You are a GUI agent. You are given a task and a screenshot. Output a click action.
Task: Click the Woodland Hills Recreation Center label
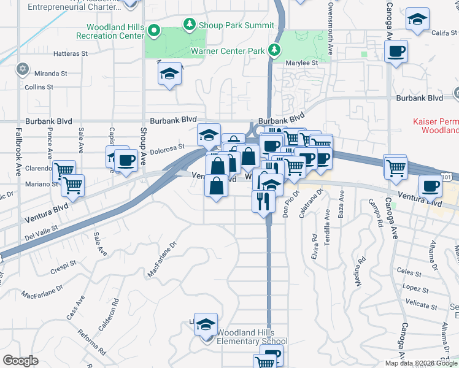(116, 32)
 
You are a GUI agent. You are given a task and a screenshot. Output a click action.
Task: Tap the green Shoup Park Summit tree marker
(190, 25)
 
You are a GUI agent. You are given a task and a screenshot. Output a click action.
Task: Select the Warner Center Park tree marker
(276, 50)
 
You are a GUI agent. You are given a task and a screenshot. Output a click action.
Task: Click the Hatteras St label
(71, 54)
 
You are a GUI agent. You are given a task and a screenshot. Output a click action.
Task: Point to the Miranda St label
(51, 74)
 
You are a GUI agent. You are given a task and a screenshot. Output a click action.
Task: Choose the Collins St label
(39, 87)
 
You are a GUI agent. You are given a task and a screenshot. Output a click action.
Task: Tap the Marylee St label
(301, 63)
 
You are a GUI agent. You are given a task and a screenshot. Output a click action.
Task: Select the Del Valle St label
(41, 231)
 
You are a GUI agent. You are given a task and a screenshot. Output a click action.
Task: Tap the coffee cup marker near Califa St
(396, 52)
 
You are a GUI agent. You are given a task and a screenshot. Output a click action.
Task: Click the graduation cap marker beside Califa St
(417, 20)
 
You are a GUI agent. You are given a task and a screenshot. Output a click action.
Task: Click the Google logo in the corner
(20, 361)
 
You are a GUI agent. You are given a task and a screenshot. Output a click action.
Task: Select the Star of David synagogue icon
(23, 68)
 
